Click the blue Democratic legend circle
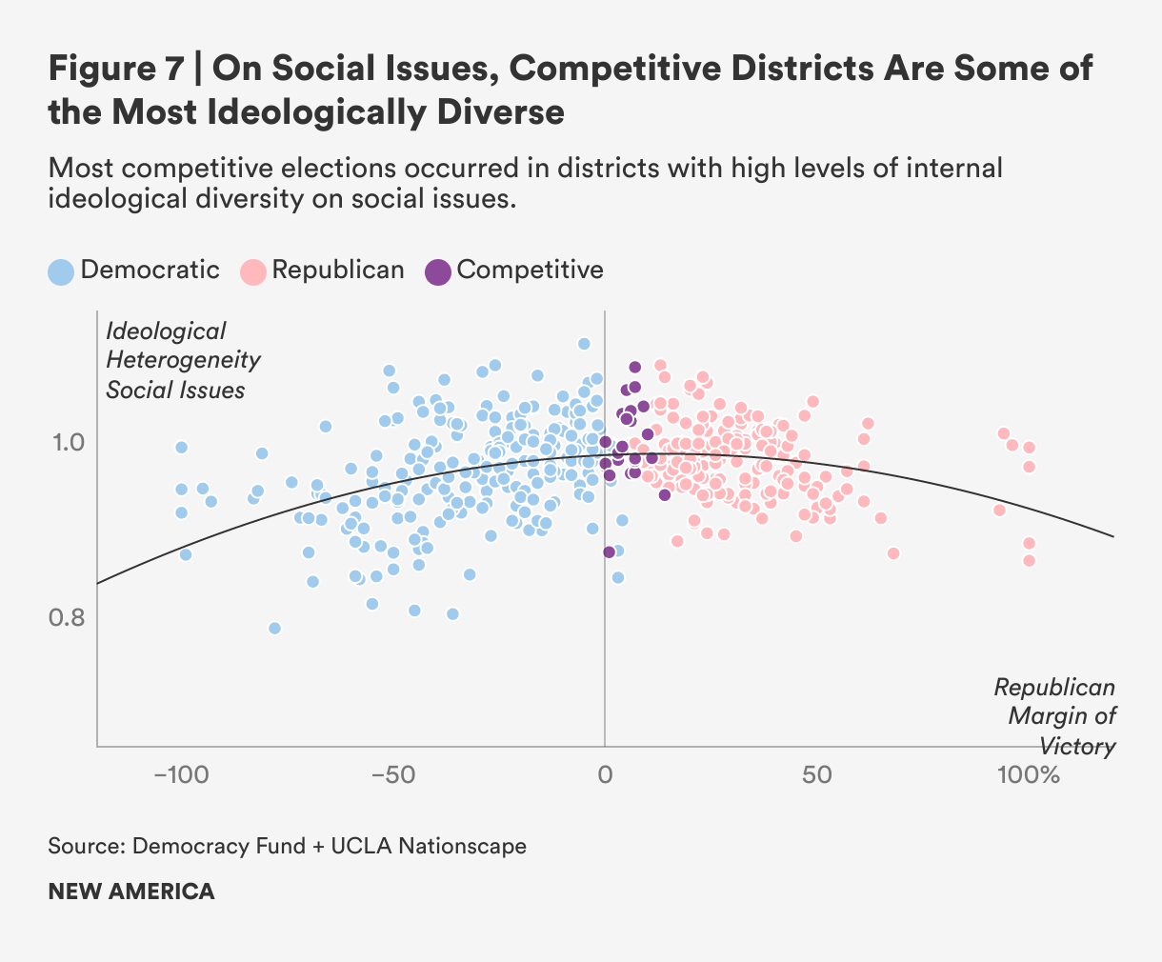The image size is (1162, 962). [x=61, y=272]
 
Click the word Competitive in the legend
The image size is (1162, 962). [x=530, y=270]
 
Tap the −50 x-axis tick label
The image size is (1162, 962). [x=392, y=774]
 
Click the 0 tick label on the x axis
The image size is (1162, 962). [x=605, y=774]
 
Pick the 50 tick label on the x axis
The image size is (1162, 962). [x=817, y=774]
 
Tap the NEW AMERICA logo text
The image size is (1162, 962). [x=131, y=892]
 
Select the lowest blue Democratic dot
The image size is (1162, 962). [x=274, y=628]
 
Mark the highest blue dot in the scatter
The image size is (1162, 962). [x=584, y=343]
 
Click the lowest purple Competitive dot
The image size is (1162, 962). [x=609, y=551]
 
